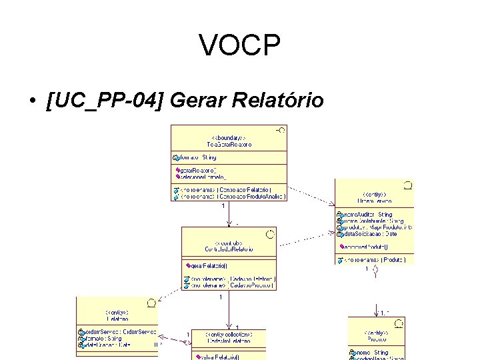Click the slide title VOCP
tap(239, 46)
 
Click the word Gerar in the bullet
tap(197, 101)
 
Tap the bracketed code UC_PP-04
tap(105, 101)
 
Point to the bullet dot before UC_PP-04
tap(31, 101)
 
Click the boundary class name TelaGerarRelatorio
tap(228, 145)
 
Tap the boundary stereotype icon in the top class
tap(281, 131)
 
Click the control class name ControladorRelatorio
tap(228, 249)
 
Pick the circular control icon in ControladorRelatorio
tap(270, 233)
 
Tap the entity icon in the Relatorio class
tap(151, 303)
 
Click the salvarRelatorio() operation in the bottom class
tap(213, 357)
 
